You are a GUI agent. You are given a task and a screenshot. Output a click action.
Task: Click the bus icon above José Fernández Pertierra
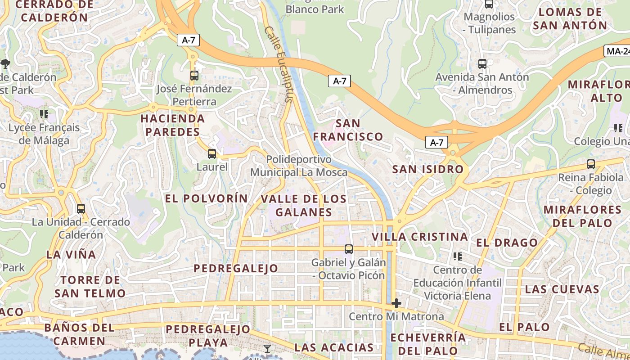pos(194,76)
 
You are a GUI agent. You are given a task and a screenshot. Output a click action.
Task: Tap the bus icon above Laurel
pos(211,154)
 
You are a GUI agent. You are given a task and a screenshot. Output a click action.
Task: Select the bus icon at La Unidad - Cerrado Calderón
pos(81,209)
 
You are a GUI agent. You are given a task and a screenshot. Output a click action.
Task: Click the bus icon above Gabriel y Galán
pos(348,249)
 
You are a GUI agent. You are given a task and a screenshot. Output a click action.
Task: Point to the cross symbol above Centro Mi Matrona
pos(396,303)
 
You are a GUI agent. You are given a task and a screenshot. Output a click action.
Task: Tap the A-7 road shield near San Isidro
pos(436,143)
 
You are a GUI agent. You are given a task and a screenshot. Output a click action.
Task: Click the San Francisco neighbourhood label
pos(348,130)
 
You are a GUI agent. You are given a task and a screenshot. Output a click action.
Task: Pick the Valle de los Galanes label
pos(304,205)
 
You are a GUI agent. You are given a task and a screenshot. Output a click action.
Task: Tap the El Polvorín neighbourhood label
pos(206,198)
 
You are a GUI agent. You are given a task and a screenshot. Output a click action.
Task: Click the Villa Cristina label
pos(419,237)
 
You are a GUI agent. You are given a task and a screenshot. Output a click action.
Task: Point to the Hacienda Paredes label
pos(172,125)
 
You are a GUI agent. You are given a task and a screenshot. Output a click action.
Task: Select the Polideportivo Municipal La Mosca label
pos(299,166)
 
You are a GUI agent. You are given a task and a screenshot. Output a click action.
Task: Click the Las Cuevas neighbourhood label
pos(562,289)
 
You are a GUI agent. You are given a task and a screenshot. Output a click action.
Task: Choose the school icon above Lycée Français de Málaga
pos(44,114)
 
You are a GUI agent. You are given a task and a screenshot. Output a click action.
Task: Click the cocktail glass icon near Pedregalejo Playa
pos(267,348)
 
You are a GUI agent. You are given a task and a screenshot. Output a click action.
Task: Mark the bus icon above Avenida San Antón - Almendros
pos(482,64)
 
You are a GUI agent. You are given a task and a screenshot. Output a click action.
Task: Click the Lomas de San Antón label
pos(570,18)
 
